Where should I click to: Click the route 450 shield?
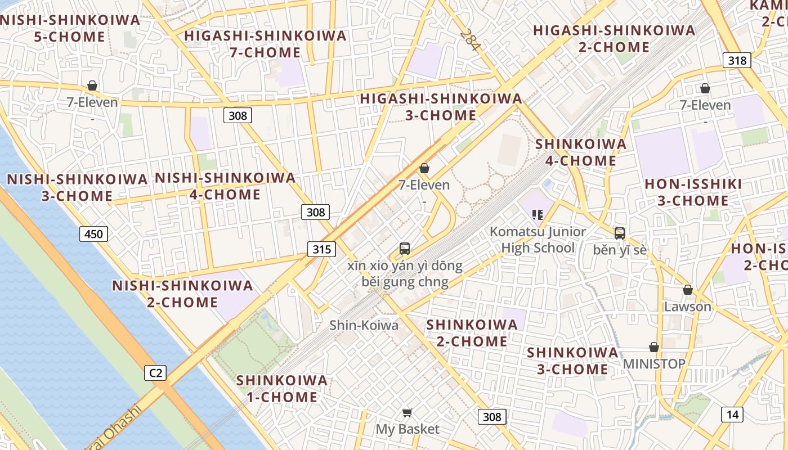click(x=93, y=233)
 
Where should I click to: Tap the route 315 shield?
click(x=321, y=249)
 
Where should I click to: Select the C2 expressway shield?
click(x=155, y=372)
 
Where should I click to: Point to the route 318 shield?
click(x=737, y=60)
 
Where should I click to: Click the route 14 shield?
click(x=732, y=415)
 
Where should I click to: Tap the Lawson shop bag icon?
click(x=687, y=290)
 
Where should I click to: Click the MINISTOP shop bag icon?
click(x=653, y=347)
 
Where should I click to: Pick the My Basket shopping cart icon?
click(x=408, y=413)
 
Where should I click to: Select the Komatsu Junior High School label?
click(x=538, y=240)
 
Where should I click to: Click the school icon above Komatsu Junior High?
click(x=537, y=214)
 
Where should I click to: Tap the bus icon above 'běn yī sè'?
click(x=619, y=233)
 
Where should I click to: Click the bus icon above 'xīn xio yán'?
click(x=404, y=248)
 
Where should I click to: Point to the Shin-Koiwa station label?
click(x=364, y=325)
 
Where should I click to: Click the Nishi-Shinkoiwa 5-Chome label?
click(x=69, y=28)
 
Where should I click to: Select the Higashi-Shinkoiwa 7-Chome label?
click(x=265, y=44)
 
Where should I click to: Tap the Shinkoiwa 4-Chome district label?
click(x=580, y=152)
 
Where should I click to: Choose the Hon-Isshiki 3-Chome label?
click(x=693, y=192)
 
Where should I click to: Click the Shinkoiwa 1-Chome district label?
click(x=281, y=388)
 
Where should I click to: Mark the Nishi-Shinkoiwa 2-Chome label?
click(x=182, y=294)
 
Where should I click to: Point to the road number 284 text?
click(x=469, y=40)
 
